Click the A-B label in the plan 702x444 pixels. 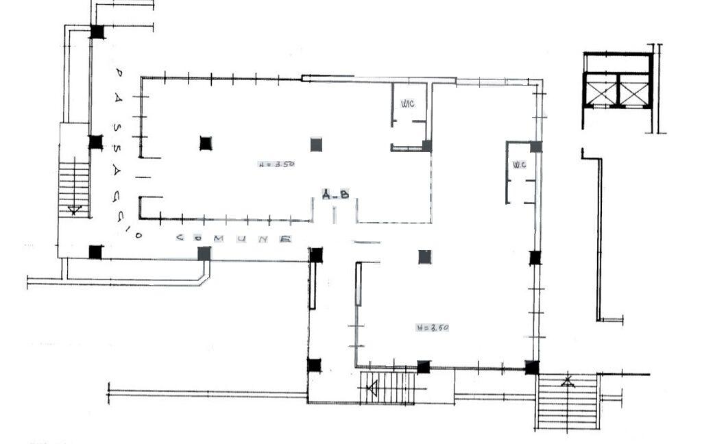[336, 195]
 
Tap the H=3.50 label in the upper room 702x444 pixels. [276, 164]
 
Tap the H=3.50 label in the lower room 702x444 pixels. [432, 328]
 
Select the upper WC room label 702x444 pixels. [407, 103]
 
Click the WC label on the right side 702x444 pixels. [519, 164]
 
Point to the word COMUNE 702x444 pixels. [234, 238]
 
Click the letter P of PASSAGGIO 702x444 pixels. [118, 72]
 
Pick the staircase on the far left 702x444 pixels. [73, 185]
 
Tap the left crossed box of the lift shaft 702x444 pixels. [599, 90]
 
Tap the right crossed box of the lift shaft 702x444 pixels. [633, 90]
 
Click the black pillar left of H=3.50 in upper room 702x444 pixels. [206, 143]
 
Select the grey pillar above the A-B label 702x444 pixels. [316, 144]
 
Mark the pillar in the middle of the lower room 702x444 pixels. [425, 257]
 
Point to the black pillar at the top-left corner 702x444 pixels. [97, 32]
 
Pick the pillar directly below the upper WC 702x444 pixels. [427, 146]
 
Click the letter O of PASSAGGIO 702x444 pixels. [138, 236]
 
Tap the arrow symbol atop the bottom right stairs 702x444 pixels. [568, 381]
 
